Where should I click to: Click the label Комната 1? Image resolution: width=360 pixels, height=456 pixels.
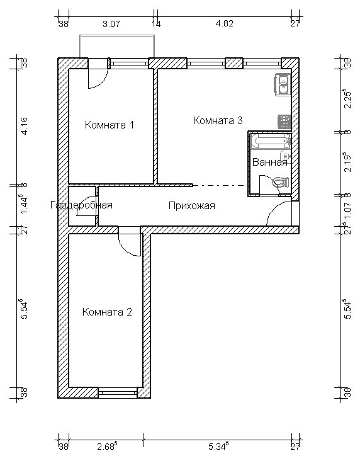point(110,125)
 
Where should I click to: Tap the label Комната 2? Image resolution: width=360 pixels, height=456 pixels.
point(107,312)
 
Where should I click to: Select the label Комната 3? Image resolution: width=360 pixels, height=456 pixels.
point(218,120)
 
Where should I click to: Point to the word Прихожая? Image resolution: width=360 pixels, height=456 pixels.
point(192,206)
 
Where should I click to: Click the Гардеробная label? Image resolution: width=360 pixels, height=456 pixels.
point(81,205)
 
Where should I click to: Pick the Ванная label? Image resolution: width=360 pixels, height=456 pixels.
point(269,162)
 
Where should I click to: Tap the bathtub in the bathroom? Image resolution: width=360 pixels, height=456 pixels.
point(271,141)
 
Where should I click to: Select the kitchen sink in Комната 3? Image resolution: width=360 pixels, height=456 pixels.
point(283,84)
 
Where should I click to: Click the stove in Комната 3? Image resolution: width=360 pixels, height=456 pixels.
point(284,122)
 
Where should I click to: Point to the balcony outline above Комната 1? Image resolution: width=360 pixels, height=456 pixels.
point(117,36)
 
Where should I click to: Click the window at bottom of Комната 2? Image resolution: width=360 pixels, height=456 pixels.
point(118,393)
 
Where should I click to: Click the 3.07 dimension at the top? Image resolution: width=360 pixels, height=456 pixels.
point(111,24)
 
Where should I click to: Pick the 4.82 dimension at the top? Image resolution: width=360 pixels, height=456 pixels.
point(224,23)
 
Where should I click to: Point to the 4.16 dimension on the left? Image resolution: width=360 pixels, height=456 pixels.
point(24,125)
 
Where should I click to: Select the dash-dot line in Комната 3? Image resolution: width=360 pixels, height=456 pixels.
point(218,185)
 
